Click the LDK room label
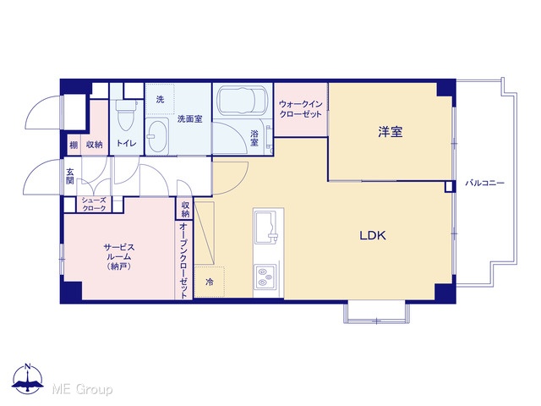[x=373, y=235]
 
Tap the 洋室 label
[x=391, y=132]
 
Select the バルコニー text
[x=484, y=183]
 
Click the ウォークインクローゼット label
[x=301, y=109]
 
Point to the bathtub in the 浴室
[x=242, y=100]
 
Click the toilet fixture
[x=124, y=115]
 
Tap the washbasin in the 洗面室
[x=157, y=136]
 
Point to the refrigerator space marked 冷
[x=210, y=282]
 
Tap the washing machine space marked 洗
[x=160, y=99]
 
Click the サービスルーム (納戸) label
[x=119, y=257]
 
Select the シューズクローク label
[x=94, y=205]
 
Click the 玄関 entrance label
[x=70, y=176]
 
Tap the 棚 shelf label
[x=74, y=145]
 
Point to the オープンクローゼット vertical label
[x=183, y=261]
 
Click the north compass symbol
[x=28, y=378]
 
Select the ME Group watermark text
[x=82, y=389]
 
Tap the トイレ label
[x=126, y=143]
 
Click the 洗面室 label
[x=189, y=119]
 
